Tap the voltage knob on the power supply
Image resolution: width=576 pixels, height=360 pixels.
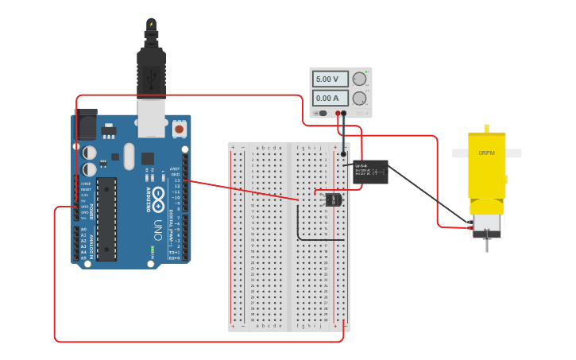pyautogui.click(x=360, y=79)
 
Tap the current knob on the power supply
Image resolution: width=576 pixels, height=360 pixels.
pyautogui.click(x=360, y=99)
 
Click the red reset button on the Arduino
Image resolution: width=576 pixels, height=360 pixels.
pyautogui.click(x=179, y=128)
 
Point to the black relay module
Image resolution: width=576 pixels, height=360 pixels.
pyautogui.click(x=370, y=172)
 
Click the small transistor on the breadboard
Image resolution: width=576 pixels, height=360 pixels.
pyautogui.click(x=334, y=199)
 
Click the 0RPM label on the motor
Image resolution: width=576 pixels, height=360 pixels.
pyautogui.click(x=486, y=153)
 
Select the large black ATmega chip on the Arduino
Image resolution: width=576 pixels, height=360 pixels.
pyautogui.click(x=106, y=219)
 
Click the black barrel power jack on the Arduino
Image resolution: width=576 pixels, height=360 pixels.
pyautogui.click(x=87, y=124)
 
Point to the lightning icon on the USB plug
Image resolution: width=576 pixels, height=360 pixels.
pyautogui.click(x=151, y=25)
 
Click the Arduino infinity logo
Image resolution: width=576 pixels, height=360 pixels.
pyautogui.click(x=158, y=194)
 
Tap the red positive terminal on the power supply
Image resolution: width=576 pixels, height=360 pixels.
pyautogui.click(x=338, y=114)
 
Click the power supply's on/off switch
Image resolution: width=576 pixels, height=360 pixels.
pyautogui.click(x=323, y=114)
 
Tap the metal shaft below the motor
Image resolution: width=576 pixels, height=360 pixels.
pyautogui.click(x=486, y=245)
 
